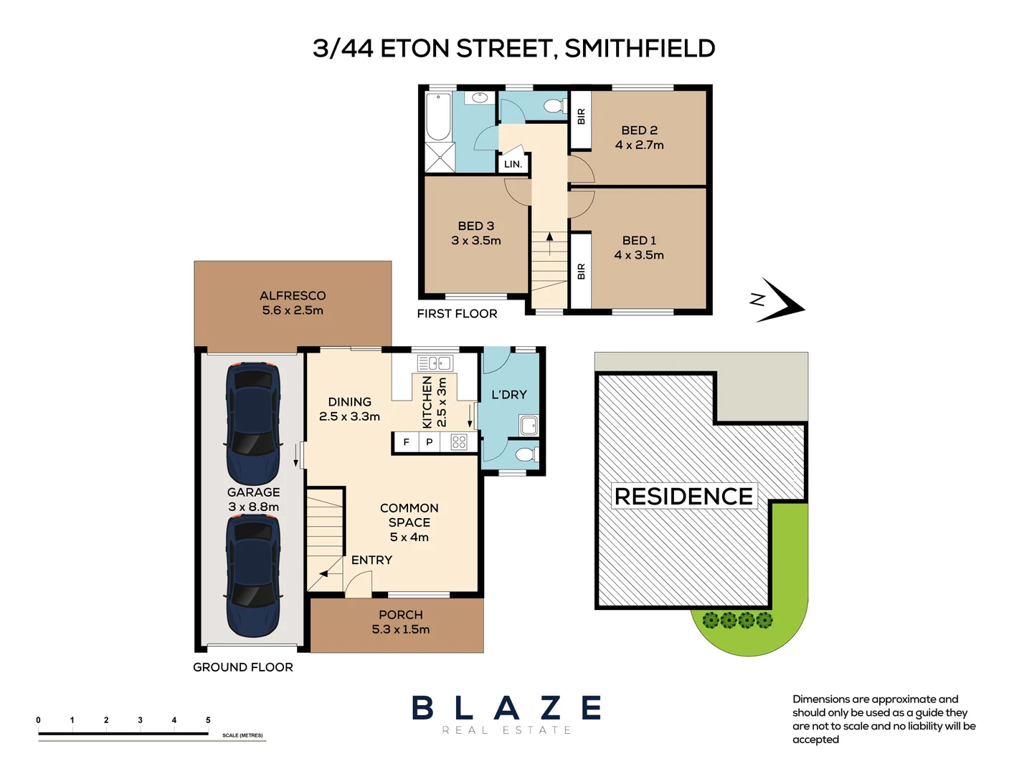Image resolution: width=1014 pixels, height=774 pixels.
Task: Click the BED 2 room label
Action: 639,130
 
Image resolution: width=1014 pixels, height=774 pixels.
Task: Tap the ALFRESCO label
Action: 293,296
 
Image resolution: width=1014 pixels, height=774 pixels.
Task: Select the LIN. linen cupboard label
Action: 513,164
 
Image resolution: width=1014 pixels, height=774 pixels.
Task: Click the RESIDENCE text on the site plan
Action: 683,496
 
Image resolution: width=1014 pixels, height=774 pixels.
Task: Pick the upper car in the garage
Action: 253,423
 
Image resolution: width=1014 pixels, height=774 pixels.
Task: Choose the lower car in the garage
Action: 253,577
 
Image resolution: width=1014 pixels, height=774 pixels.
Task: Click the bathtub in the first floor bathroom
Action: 438,116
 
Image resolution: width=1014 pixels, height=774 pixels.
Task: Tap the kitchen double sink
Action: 435,363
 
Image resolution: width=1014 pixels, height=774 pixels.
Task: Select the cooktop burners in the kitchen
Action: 459,442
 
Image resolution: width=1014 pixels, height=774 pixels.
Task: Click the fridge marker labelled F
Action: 406,442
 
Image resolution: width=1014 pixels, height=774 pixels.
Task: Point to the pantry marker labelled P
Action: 430,442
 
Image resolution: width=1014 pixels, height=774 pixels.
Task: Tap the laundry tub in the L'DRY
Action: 529,426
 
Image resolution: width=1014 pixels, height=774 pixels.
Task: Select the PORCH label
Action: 401,615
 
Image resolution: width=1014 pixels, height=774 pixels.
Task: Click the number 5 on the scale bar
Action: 208,720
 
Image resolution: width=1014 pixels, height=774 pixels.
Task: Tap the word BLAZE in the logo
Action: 506,708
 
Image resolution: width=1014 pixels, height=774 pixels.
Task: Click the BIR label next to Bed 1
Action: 581,272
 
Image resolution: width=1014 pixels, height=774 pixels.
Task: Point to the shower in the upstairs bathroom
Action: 440,158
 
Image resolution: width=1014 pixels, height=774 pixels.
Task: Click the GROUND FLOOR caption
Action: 243,667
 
